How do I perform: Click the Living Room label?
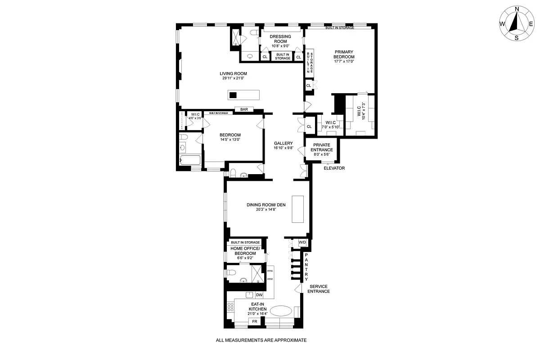coord(233,74)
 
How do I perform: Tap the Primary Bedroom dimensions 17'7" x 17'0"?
coord(344,62)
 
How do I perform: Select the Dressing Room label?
coord(280,39)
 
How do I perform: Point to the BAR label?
coord(244,109)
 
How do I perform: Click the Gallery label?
coord(283,143)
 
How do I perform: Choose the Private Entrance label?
coord(322,147)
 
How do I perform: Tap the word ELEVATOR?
coord(334,168)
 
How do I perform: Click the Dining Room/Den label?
coord(267,205)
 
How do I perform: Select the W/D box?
coord(302,243)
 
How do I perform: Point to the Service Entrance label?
coord(319,289)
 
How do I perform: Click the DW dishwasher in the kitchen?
coord(259,295)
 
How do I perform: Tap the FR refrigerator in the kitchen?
coord(254,322)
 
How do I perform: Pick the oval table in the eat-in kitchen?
coord(281,311)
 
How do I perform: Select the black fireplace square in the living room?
coord(233,95)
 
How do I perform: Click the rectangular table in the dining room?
coord(299,209)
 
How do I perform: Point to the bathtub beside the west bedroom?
coord(190,160)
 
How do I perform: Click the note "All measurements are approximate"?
coord(261,341)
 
